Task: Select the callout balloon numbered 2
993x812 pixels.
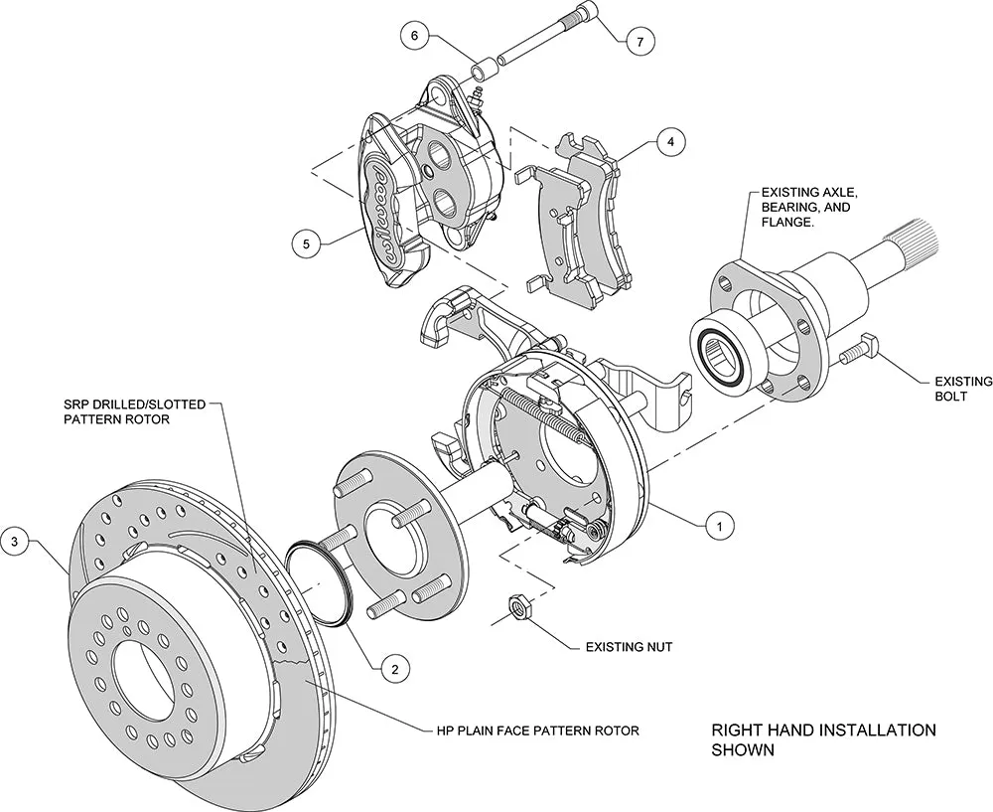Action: coord(394,669)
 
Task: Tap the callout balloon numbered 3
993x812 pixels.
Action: coord(14,542)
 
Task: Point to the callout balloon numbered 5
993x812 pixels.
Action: coord(307,242)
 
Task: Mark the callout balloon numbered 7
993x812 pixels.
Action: coord(640,42)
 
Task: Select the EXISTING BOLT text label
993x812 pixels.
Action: coord(962,389)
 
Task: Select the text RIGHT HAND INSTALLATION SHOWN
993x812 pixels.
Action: coord(823,739)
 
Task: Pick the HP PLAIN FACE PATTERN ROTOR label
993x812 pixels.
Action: coord(537,731)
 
